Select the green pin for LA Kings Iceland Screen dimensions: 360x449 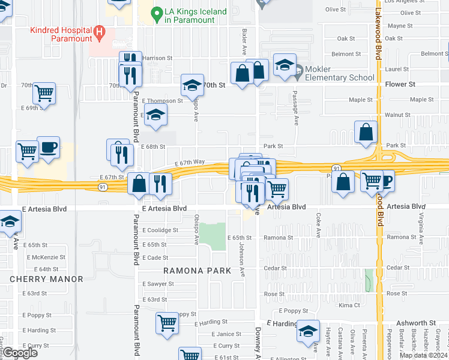click(x=157, y=12)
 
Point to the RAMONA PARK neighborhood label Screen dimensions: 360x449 click(x=197, y=271)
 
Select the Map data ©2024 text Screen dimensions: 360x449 click(x=424, y=355)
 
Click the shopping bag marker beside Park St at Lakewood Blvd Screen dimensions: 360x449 click(x=366, y=131)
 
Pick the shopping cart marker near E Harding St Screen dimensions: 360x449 click(x=167, y=322)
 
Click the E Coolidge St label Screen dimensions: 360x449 click(x=160, y=230)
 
